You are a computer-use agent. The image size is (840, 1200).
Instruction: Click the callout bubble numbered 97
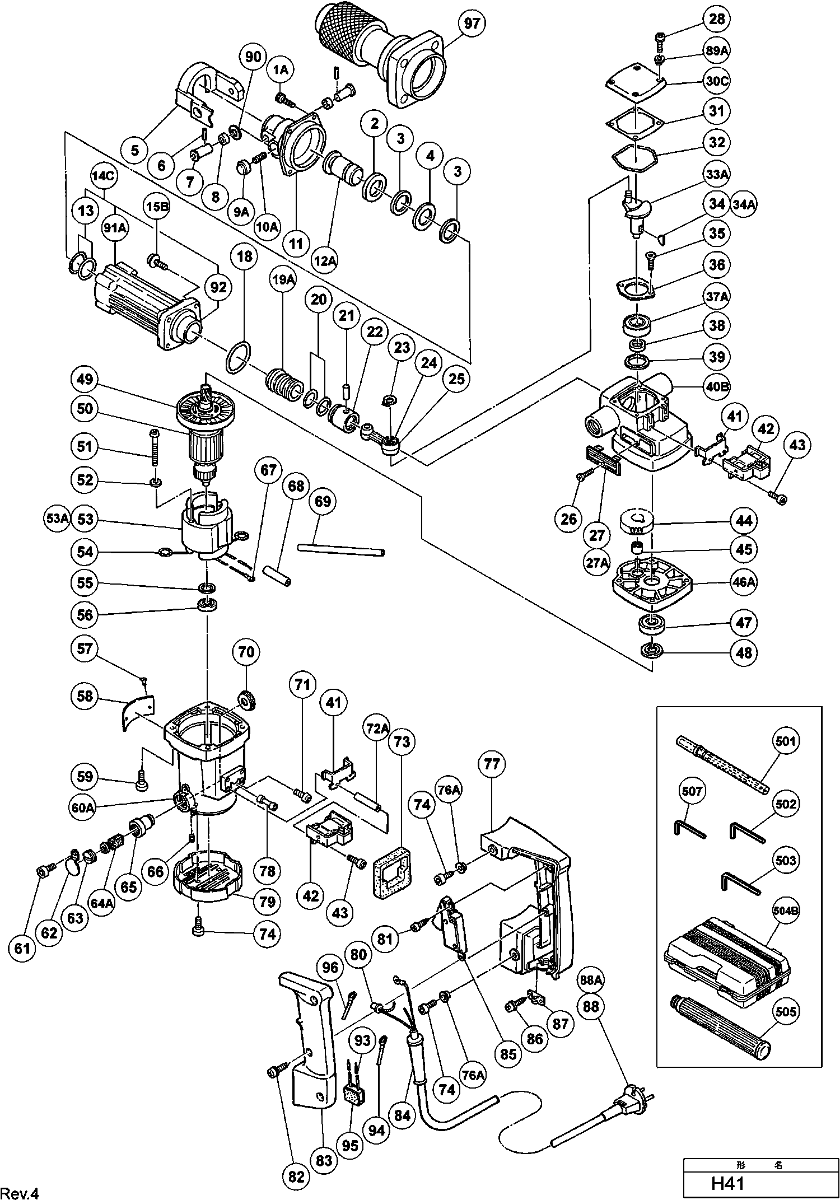click(x=472, y=24)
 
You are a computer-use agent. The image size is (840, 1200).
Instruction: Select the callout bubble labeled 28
click(x=717, y=19)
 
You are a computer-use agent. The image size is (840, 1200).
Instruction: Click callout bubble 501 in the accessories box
click(x=785, y=741)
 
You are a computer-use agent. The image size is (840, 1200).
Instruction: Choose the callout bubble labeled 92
click(x=218, y=287)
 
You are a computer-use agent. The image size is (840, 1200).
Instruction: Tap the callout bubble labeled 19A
click(x=283, y=281)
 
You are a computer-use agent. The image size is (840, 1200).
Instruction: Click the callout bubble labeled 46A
click(x=743, y=582)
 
